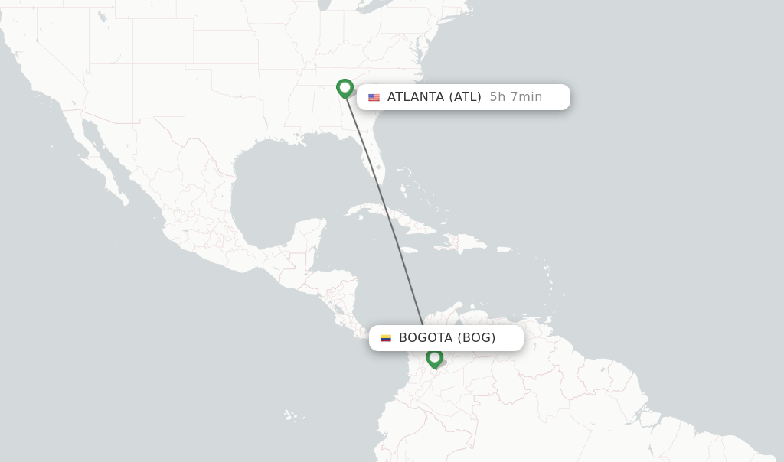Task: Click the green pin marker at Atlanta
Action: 345,88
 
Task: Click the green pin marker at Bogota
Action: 434,358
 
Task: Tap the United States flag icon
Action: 374,97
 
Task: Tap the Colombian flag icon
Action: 386,338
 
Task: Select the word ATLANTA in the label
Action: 415,97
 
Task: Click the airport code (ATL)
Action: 465,97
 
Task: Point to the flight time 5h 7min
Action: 516,97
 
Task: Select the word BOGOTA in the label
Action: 426,338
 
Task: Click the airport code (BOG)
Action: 476,338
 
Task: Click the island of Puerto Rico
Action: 502,249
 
